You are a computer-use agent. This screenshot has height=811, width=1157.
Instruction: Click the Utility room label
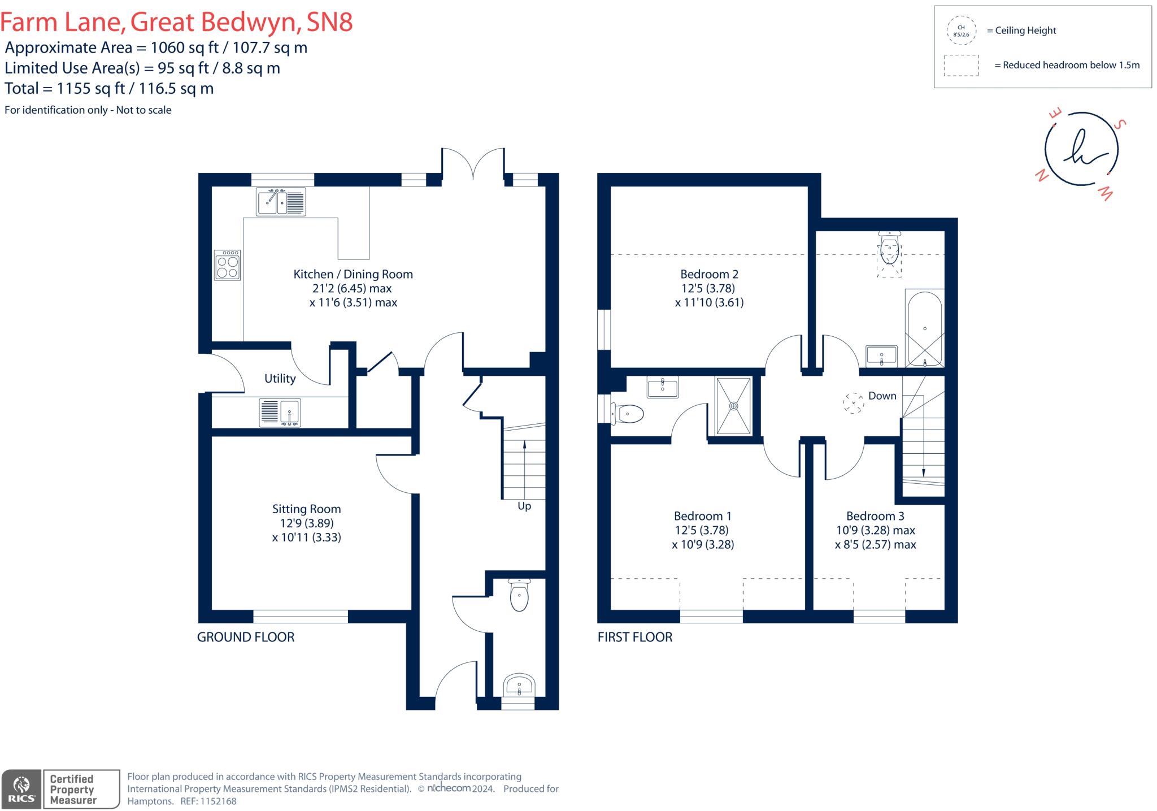click(280, 379)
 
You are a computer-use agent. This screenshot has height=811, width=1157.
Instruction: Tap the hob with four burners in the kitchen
click(227, 266)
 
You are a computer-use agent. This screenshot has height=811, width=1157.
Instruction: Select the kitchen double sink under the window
click(281, 202)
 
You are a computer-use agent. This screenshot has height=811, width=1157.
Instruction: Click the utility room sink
click(280, 413)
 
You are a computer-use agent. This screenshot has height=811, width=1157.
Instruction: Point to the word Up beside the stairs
click(524, 506)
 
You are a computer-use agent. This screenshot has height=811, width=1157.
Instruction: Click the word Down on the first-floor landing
click(882, 396)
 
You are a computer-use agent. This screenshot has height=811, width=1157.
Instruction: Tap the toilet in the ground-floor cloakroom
click(519, 596)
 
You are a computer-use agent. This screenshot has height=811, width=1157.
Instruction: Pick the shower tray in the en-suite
click(734, 406)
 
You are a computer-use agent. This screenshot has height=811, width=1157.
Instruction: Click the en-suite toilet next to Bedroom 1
click(628, 414)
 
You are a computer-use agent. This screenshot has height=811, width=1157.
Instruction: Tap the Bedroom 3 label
click(875, 516)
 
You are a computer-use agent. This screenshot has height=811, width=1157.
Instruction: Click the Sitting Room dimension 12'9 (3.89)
click(306, 523)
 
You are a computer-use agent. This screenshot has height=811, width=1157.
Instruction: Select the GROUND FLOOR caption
click(245, 637)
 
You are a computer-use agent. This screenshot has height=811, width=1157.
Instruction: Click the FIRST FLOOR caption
click(634, 637)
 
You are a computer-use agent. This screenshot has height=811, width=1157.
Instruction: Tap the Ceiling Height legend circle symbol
click(961, 31)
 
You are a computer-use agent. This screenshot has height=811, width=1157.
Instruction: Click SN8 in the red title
click(329, 22)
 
